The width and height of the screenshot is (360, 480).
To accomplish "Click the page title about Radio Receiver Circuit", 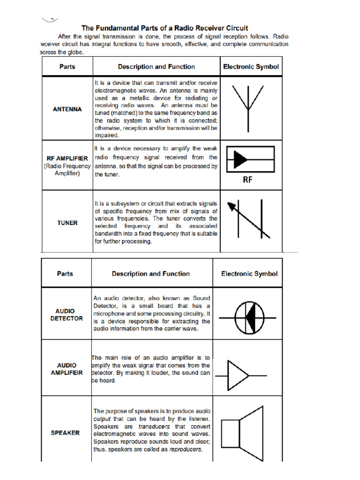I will pos(165,28).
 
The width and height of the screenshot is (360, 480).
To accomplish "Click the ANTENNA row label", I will pos(67,109).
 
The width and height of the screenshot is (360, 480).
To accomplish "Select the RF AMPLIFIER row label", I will pos(67,158).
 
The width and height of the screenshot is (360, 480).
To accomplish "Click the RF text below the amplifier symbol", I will pos(248,180).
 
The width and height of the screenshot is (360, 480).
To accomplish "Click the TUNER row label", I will pos(67,223).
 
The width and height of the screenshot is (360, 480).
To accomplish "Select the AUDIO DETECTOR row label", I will pos(67,315).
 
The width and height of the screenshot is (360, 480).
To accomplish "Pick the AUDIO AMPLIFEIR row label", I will pos(67,369).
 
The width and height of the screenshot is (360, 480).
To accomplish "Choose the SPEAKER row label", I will pos(65,433).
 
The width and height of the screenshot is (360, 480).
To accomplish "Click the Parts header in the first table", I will pos(67,67).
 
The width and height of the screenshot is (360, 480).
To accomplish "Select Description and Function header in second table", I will pos(150,274).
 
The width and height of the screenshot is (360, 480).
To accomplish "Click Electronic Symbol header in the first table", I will pos(251,67).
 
